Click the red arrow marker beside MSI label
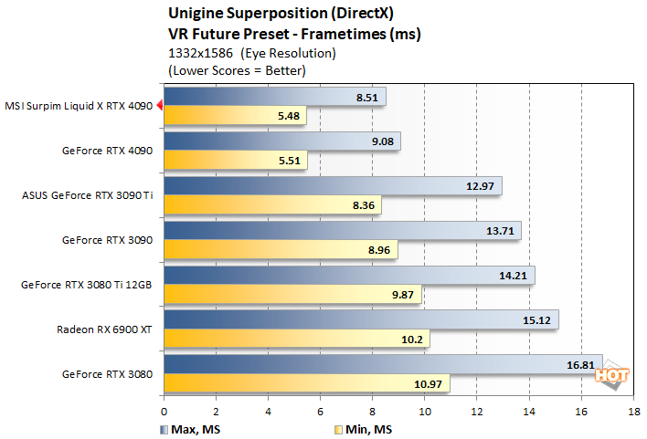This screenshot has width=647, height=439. [159, 106]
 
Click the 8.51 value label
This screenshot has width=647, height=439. [367, 97]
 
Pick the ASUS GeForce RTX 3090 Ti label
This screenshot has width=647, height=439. [86, 194]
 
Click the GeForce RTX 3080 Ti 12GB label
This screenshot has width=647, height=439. [86, 284]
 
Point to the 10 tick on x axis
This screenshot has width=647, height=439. [425, 413]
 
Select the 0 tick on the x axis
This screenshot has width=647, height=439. [164, 413]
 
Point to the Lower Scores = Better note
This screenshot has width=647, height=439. [237, 69]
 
